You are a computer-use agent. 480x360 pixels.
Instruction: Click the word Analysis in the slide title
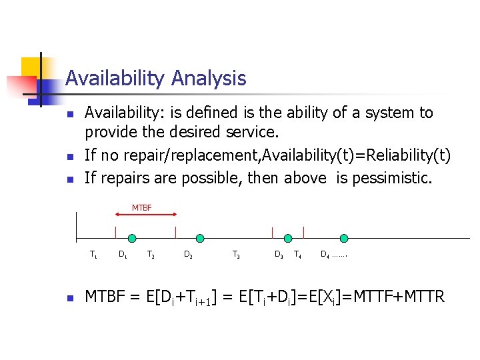click(x=208, y=79)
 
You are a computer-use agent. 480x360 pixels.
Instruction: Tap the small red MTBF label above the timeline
click(x=141, y=208)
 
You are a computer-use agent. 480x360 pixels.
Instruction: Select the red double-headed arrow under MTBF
click(x=146, y=215)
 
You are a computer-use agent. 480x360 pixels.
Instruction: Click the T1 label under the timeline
click(x=93, y=254)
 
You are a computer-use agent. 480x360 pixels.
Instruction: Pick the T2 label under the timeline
click(x=151, y=254)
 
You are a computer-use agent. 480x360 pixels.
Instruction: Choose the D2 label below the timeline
click(x=189, y=254)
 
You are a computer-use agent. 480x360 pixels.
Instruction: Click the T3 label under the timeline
click(x=236, y=254)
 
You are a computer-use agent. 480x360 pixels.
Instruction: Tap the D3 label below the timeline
click(x=279, y=254)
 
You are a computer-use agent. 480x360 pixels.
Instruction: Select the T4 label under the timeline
click(x=297, y=254)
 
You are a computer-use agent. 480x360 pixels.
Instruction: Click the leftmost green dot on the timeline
click(x=132, y=238)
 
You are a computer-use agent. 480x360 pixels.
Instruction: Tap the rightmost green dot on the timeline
click(x=344, y=238)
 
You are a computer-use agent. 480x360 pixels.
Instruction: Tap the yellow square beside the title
click(x=32, y=69)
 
